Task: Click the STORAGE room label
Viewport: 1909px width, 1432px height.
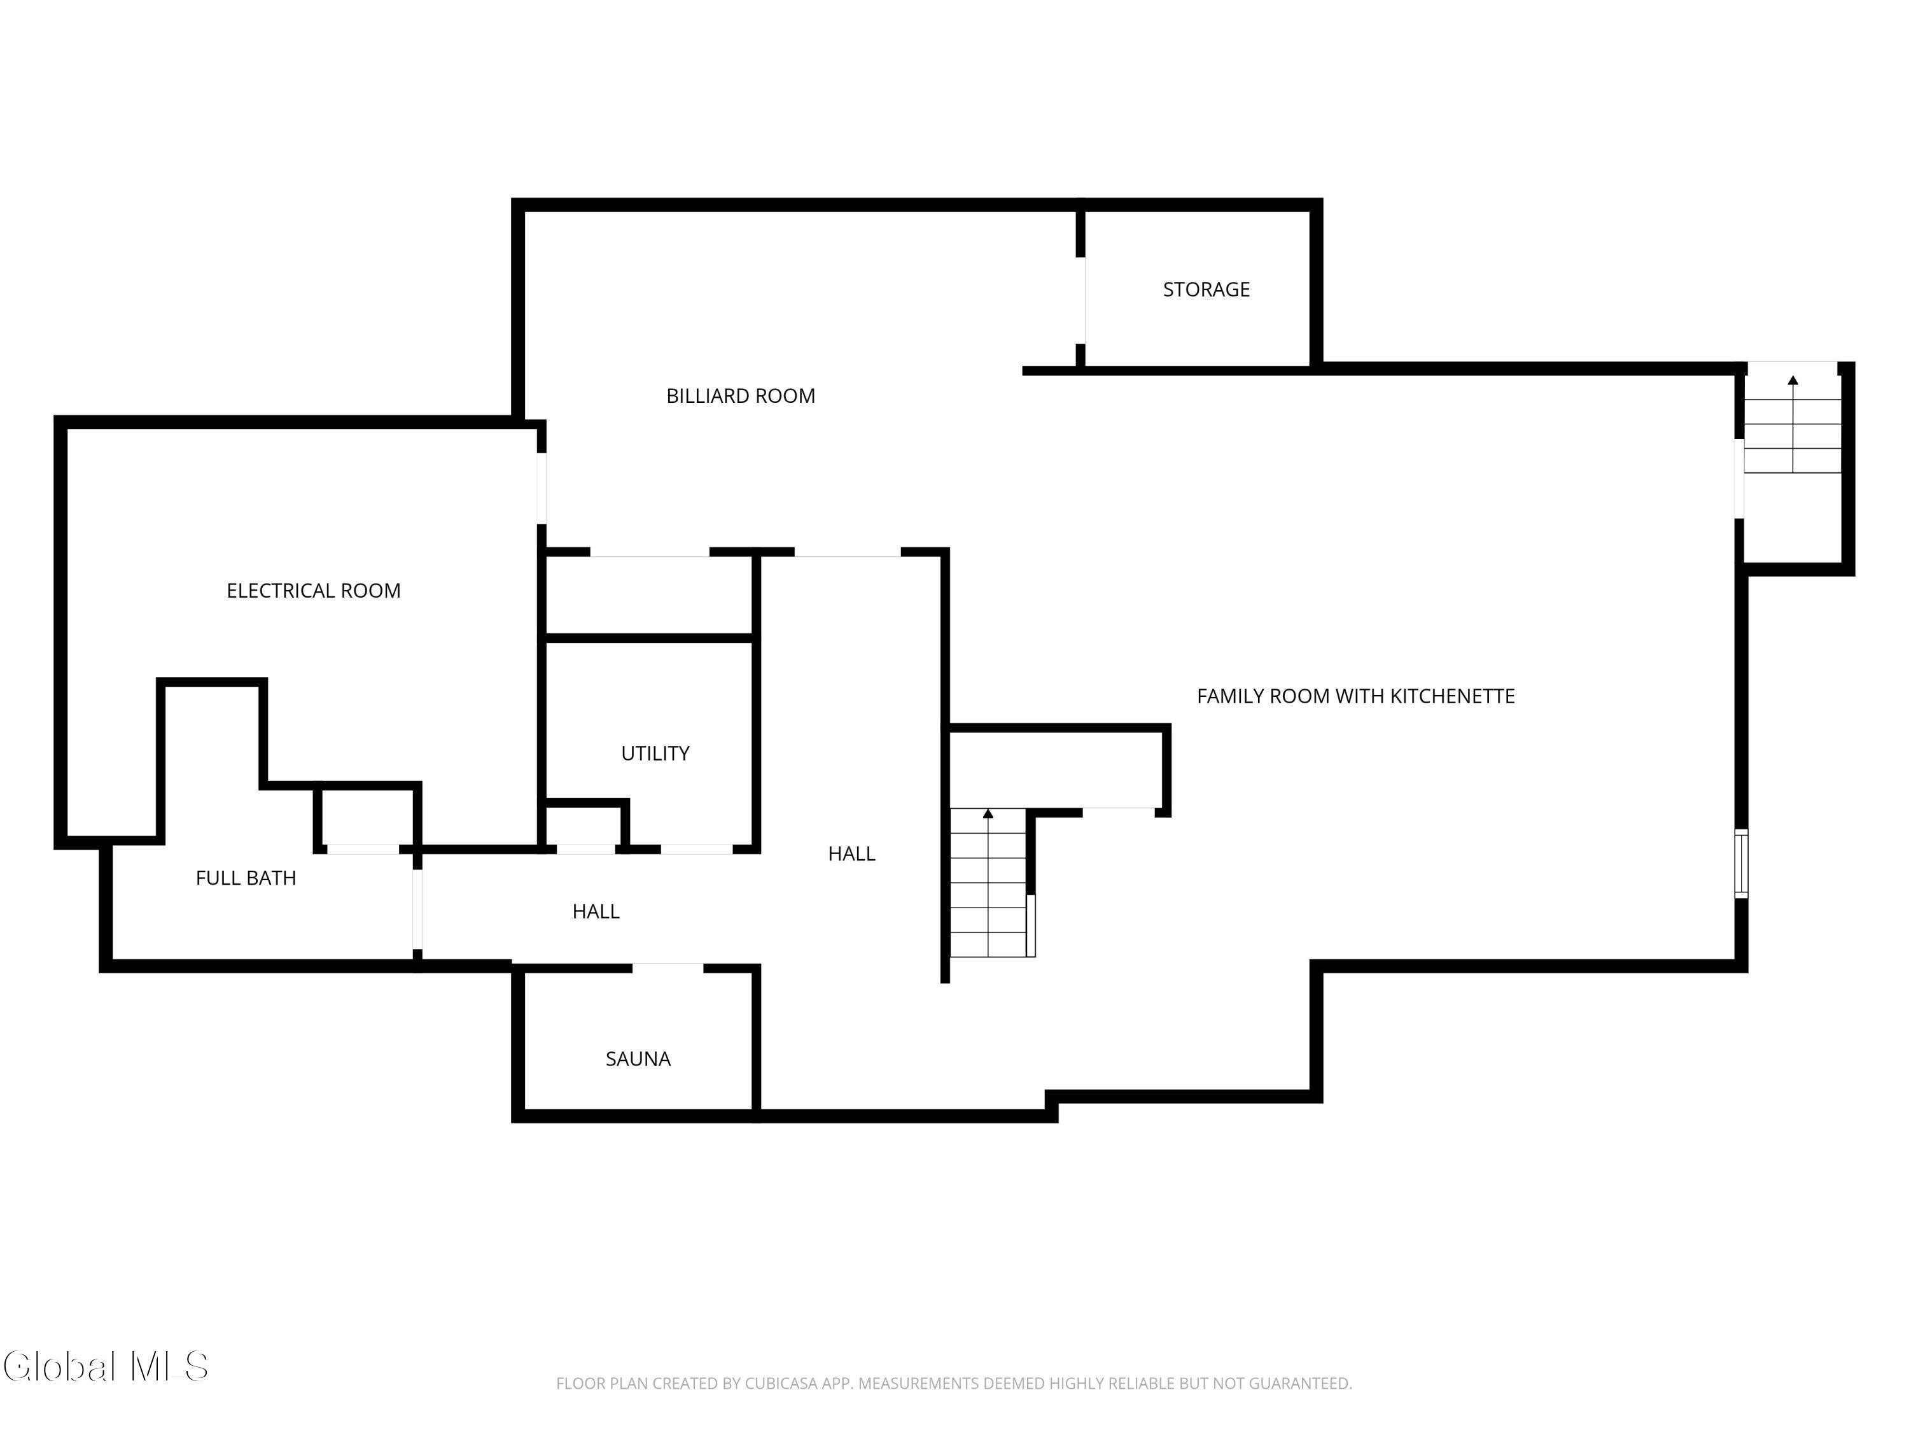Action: [x=1206, y=289]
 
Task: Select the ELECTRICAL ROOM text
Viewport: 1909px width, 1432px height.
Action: [x=313, y=591]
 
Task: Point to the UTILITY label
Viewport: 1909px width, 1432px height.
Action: [x=655, y=754]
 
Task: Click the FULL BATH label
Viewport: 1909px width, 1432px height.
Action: [x=246, y=878]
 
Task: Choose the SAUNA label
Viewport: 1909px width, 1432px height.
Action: [x=638, y=1059]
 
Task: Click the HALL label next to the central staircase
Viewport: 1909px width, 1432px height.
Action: [x=852, y=853]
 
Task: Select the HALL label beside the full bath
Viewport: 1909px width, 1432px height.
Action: [x=596, y=911]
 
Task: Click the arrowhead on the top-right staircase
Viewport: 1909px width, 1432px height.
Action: [x=1793, y=380]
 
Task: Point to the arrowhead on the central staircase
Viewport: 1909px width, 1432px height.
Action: [x=988, y=813]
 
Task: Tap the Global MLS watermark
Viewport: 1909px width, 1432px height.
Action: [x=105, y=1366]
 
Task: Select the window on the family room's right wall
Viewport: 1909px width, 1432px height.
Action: [x=1742, y=863]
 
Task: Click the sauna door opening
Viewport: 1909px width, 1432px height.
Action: [x=668, y=967]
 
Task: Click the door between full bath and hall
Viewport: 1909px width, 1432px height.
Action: [x=417, y=909]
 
